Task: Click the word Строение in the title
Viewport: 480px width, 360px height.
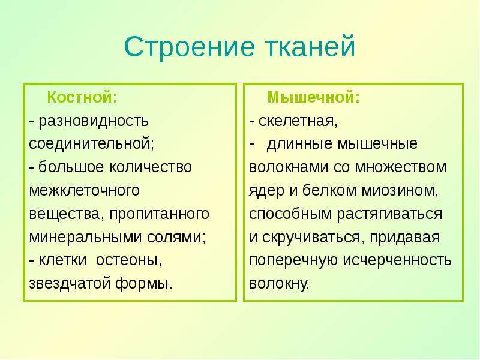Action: [190, 47]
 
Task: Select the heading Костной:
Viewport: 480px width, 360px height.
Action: [82, 97]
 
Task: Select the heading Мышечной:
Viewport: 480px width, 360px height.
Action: [313, 97]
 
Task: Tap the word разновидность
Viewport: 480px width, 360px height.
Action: [94, 121]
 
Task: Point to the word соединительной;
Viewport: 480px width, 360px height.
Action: [92, 144]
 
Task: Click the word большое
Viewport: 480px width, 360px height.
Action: [71, 167]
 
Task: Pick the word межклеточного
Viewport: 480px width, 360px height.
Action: [84, 191]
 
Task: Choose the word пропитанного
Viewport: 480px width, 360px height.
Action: [159, 214]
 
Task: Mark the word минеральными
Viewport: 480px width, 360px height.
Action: [85, 237]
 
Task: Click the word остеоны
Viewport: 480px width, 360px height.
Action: [128, 260]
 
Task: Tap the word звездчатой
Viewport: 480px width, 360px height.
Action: [70, 283]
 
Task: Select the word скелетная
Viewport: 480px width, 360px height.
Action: [298, 121]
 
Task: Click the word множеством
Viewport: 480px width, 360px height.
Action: [400, 167]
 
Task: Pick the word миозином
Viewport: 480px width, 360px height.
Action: [400, 191]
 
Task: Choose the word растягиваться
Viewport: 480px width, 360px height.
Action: [389, 215]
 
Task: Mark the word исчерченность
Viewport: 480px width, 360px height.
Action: [397, 260]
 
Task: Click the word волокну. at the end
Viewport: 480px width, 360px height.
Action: [279, 283]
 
